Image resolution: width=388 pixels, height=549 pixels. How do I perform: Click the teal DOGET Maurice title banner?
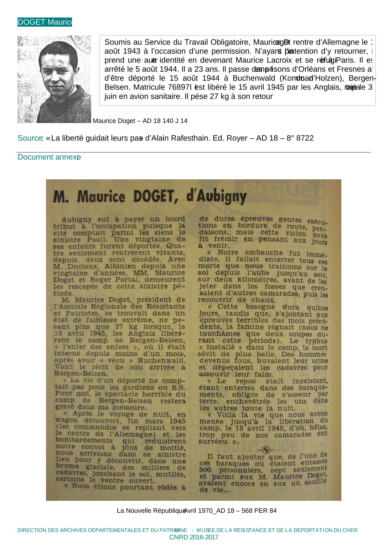click(44, 22)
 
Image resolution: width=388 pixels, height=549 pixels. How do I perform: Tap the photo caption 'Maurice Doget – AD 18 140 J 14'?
click(140, 121)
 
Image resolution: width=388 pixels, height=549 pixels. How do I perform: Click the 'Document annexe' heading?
click(49, 157)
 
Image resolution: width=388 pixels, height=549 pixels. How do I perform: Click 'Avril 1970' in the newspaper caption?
click(198, 511)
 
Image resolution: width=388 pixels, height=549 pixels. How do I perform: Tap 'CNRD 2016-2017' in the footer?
click(194, 537)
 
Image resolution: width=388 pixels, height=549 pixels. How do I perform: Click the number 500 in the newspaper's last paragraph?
click(205, 470)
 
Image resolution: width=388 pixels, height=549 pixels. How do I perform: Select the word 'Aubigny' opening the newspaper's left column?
click(77, 220)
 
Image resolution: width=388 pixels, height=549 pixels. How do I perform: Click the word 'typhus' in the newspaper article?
click(316, 341)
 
